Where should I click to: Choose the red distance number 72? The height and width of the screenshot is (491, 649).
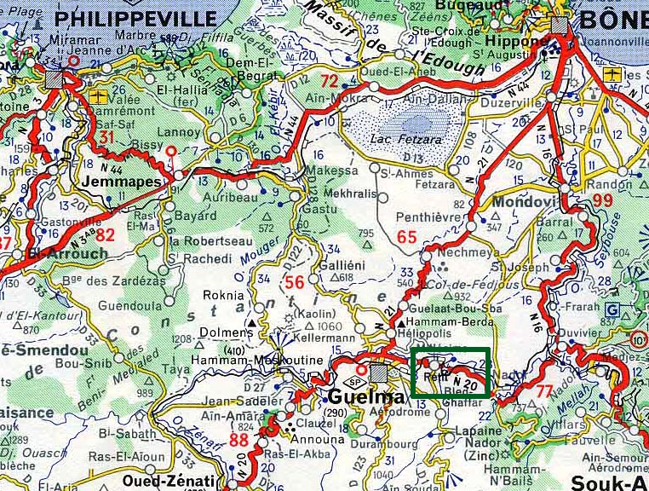click(x=330, y=82)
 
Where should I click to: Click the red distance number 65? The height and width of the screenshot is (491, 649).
click(x=407, y=237)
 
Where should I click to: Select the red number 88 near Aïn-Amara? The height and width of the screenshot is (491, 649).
click(x=239, y=441)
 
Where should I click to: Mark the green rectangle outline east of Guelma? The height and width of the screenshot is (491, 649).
click(x=451, y=373)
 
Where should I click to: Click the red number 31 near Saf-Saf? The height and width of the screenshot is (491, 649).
click(x=107, y=138)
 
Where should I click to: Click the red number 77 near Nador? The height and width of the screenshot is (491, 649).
click(x=545, y=392)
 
